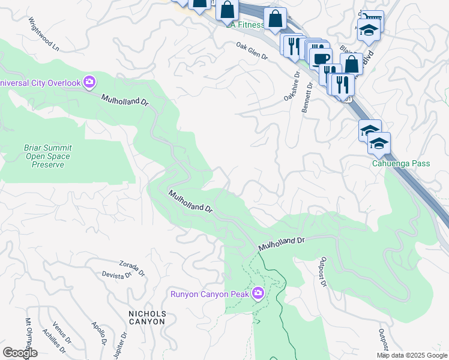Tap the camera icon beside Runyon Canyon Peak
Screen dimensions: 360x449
pyautogui.click(x=258, y=293)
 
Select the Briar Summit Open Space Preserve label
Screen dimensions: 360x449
pyautogui.click(x=46, y=156)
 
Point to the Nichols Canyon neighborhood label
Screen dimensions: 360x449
pyautogui.click(x=146, y=317)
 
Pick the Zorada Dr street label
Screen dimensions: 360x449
pyautogui.click(x=131, y=266)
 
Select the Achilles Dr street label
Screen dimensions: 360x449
pyautogui.click(x=50, y=340)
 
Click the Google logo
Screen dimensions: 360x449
pyautogui.click(x=20, y=353)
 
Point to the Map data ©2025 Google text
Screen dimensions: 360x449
pyautogui.click(x=411, y=355)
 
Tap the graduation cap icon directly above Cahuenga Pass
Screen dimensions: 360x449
pyautogui.click(x=379, y=143)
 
